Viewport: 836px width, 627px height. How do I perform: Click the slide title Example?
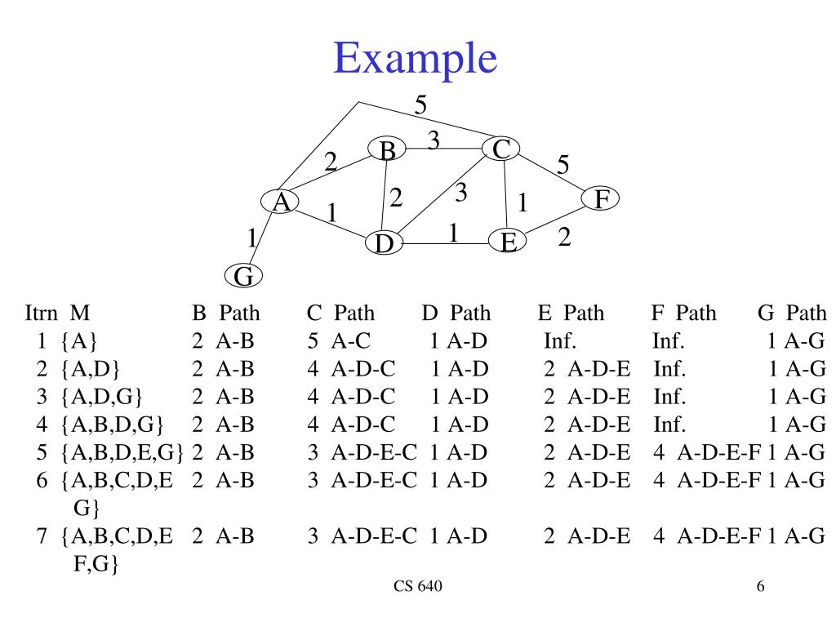coord(416,59)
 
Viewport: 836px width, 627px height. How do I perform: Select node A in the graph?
coord(280,202)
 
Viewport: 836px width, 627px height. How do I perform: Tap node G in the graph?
coord(243,276)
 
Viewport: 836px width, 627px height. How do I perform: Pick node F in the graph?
coord(600,198)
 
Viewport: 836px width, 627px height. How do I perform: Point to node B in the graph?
coord(387,149)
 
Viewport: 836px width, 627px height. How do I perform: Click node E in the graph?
coord(508,241)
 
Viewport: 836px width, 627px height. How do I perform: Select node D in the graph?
coord(384,242)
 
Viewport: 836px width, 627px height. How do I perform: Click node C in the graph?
coord(500,149)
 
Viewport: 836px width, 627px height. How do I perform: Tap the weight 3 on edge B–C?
coord(434,140)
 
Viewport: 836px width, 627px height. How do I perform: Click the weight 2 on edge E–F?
coord(565,237)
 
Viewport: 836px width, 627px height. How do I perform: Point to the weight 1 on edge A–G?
coord(252,238)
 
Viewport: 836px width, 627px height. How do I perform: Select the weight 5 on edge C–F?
coord(563,165)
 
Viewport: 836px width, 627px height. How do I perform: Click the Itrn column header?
coord(42,313)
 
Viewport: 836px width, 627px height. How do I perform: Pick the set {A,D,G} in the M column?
coord(101,397)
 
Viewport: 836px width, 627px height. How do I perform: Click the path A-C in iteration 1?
coord(351,340)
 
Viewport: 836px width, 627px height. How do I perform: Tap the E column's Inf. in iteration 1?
coord(560,340)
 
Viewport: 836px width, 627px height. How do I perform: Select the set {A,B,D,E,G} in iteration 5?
coord(122,452)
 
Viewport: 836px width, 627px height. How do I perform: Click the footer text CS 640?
coord(418,586)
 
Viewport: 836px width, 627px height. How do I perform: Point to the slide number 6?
coord(760,586)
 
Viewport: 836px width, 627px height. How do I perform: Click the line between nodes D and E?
coord(446,243)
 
